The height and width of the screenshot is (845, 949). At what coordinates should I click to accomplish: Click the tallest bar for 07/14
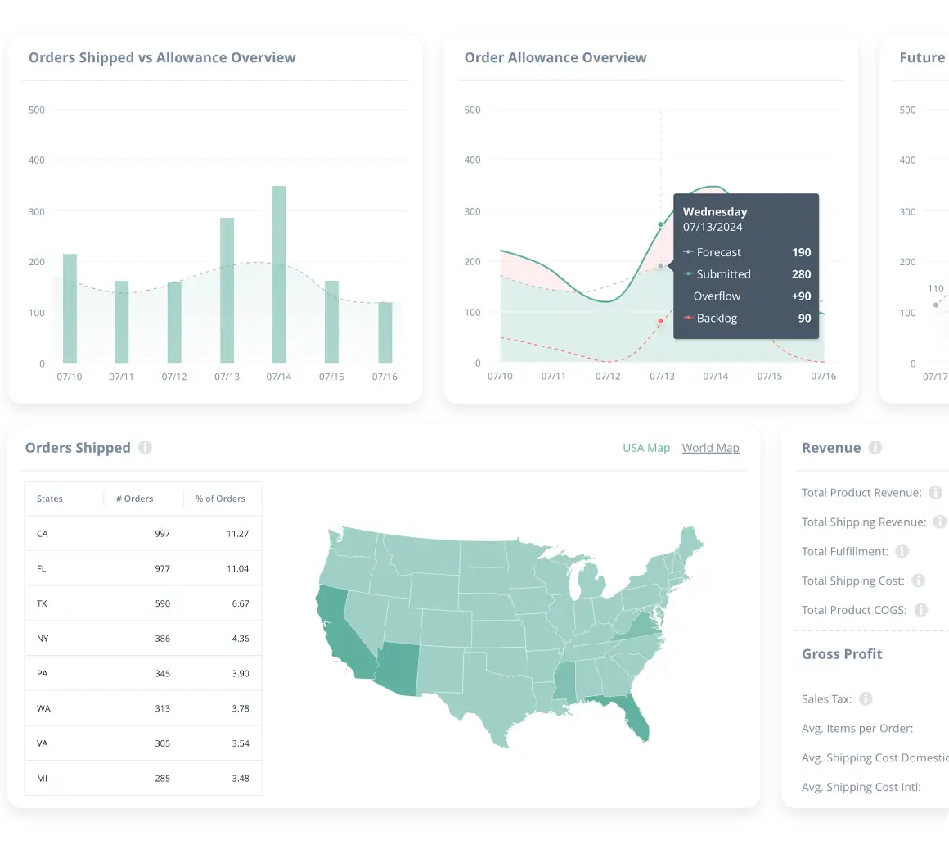click(279, 274)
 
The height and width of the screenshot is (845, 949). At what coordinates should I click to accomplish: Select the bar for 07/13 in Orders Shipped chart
click(227, 290)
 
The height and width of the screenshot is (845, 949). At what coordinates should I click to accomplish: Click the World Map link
click(710, 448)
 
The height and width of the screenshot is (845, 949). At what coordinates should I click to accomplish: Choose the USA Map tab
click(646, 448)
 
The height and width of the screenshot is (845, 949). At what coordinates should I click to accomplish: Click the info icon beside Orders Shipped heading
click(145, 448)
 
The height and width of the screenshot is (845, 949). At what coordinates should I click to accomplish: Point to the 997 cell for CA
click(162, 534)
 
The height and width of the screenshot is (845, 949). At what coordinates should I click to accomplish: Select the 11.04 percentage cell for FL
click(237, 568)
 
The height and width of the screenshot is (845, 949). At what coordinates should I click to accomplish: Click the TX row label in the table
click(42, 603)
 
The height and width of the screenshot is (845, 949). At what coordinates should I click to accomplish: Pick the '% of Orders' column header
click(220, 499)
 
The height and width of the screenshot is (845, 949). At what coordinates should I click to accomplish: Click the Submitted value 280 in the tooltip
click(801, 274)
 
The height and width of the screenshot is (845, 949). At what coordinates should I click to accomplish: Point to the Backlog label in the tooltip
click(717, 318)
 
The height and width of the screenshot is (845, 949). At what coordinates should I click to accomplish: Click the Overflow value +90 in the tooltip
click(800, 296)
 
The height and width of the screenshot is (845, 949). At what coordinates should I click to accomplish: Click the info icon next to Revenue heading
click(875, 448)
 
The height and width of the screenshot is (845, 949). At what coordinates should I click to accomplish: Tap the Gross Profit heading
click(842, 654)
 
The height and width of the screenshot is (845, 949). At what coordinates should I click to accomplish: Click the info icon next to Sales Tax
click(866, 699)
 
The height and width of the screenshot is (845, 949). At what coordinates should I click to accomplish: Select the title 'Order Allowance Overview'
click(555, 58)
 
